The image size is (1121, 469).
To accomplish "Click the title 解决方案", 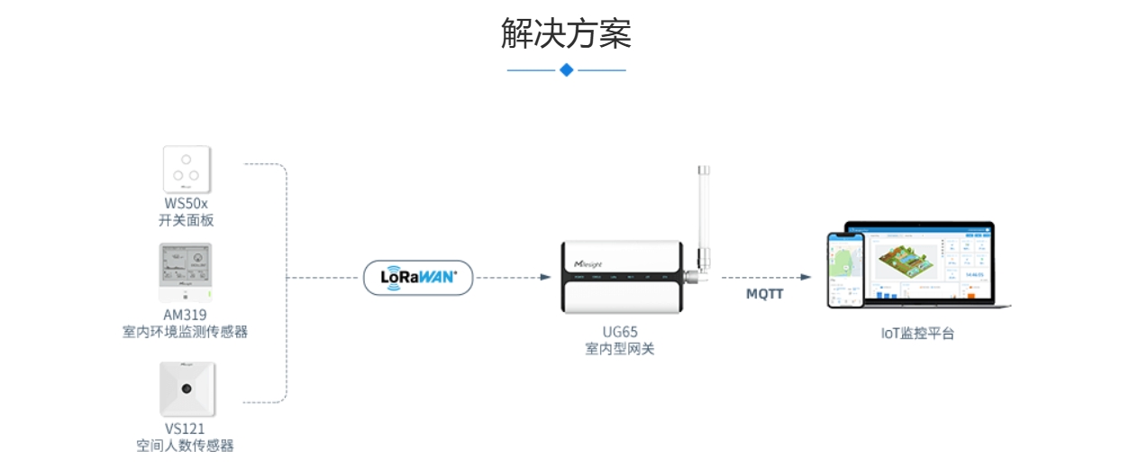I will click(x=566, y=33).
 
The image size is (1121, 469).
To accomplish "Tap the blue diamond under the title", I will click(x=566, y=69).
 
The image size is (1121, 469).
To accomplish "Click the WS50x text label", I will click(x=187, y=204).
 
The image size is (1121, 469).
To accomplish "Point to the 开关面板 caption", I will click(x=187, y=220).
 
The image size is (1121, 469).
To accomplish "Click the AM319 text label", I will click(x=186, y=315).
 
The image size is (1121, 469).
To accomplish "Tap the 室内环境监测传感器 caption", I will click(x=186, y=332).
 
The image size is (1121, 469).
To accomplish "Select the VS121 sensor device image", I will click(x=187, y=389).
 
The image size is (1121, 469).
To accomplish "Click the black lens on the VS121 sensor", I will click(x=187, y=389).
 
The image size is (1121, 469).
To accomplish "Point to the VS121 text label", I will click(x=186, y=428).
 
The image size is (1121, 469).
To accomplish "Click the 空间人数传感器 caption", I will click(x=186, y=446).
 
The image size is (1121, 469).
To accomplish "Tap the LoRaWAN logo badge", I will click(x=418, y=278).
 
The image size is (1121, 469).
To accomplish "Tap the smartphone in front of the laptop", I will click(x=845, y=269).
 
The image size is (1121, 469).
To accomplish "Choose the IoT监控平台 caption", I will click(x=917, y=334).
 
